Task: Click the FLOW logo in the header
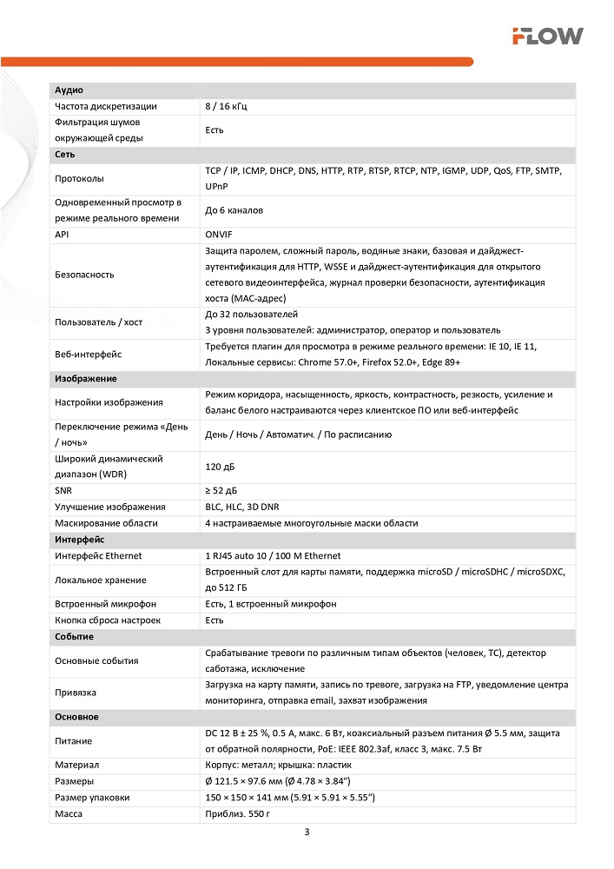(546, 36)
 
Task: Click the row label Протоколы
(79, 179)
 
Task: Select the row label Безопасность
(84, 275)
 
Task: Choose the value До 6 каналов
(234, 210)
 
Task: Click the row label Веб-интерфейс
(88, 354)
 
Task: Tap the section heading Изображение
(85, 379)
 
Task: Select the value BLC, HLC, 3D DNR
(242, 507)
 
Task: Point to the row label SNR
(63, 491)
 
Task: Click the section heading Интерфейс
(80, 540)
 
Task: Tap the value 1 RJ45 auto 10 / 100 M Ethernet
(273, 555)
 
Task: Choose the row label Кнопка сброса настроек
(108, 620)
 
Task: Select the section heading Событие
(74, 637)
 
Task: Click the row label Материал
(76, 765)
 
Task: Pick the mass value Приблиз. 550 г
(238, 813)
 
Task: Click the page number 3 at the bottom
(307, 832)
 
